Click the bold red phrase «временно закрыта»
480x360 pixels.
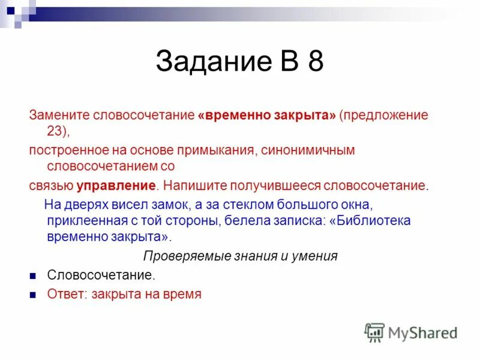click(266, 115)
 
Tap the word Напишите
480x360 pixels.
click(196, 185)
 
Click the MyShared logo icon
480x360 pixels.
click(374, 332)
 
